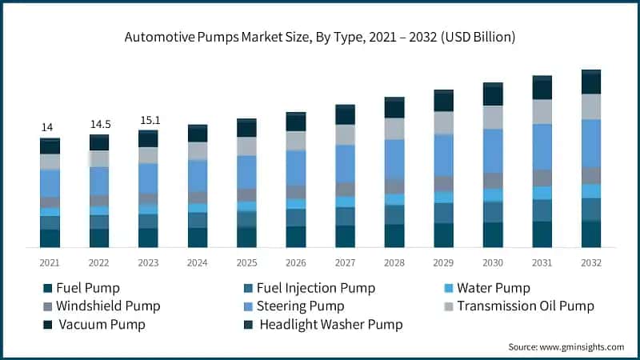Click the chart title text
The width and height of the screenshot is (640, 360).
(320, 37)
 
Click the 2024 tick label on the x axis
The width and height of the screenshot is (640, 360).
(198, 262)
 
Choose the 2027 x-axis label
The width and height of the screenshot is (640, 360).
(345, 262)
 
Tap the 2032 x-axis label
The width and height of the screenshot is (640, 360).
(591, 262)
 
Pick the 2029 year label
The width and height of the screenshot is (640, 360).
(443, 262)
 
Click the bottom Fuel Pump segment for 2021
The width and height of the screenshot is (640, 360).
(50, 238)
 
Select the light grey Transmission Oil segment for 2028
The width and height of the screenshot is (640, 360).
(394, 129)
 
